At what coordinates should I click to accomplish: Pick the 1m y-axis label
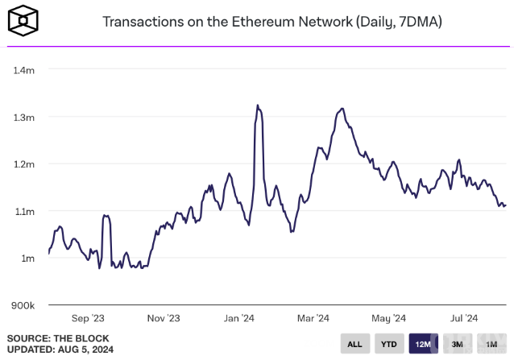tap(27, 259)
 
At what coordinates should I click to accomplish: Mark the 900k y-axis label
tap(23, 306)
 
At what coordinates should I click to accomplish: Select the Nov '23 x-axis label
tap(164, 318)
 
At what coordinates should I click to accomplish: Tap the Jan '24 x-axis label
tap(239, 318)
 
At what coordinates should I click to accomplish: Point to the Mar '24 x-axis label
tap(313, 318)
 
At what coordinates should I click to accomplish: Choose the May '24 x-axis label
tap(389, 318)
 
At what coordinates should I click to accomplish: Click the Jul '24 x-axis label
tap(464, 318)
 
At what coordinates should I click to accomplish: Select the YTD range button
tap(388, 345)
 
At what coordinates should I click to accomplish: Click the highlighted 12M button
tap(423, 345)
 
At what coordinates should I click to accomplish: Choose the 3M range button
tap(458, 345)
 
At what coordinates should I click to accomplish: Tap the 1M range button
tap(491, 345)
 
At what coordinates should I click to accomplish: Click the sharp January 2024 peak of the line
tap(258, 106)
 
